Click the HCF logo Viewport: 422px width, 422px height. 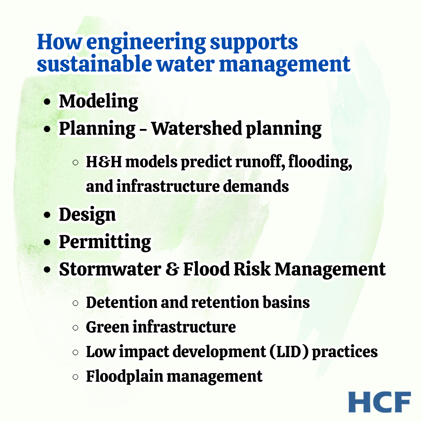(379, 402)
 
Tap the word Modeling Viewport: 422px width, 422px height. (98, 102)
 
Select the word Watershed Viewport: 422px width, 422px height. (197, 128)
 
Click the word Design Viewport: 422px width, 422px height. (88, 215)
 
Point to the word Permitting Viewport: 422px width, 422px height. (105, 242)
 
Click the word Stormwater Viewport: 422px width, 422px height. (110, 269)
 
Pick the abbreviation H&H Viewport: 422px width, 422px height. (104, 162)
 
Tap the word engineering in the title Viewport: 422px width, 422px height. (146, 43)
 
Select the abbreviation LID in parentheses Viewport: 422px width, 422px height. (289, 352)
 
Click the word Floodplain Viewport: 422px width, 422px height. (125, 377)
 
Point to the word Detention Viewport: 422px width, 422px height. (122, 302)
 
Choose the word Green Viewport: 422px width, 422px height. (108, 327)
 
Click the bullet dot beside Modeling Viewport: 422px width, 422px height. (47, 102)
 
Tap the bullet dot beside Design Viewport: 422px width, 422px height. (47, 215)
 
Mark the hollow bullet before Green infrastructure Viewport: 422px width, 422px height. (76, 327)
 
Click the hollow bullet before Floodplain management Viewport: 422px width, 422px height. (76, 377)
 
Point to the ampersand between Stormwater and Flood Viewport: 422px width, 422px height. (172, 269)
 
